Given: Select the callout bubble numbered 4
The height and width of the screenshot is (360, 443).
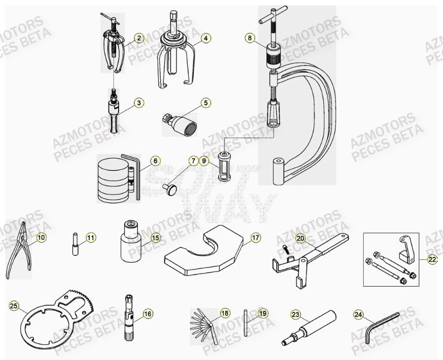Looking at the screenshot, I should [206, 38].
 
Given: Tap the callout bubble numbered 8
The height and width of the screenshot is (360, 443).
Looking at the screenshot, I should [249, 38].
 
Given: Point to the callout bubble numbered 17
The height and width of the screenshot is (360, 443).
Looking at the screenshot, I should [255, 237].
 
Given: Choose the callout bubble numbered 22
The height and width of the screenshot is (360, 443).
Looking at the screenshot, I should [432, 260].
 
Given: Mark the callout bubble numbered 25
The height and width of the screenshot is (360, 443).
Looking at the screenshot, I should [14, 306].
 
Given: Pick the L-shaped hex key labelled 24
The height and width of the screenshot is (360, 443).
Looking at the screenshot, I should [380, 327].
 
